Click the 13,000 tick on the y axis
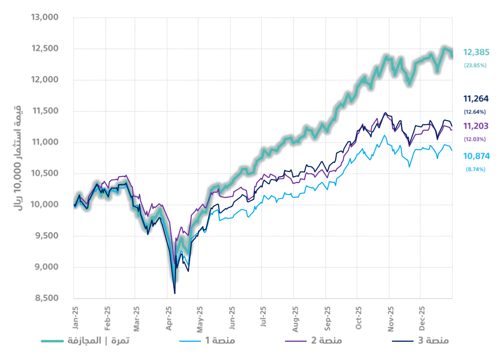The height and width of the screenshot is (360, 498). click(x=45, y=18)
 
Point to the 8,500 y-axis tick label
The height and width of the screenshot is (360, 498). click(x=47, y=298)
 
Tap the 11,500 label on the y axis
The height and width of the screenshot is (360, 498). click(x=45, y=111)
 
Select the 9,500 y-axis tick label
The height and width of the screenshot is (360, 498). click(x=47, y=236)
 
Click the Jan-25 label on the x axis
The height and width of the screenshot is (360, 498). click(x=74, y=315)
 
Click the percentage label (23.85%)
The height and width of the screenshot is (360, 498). click(x=475, y=65)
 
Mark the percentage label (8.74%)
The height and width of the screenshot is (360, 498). click(x=475, y=169)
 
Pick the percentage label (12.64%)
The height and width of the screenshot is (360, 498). click(x=475, y=112)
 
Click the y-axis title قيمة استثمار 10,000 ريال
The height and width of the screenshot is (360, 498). click(x=16, y=157)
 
